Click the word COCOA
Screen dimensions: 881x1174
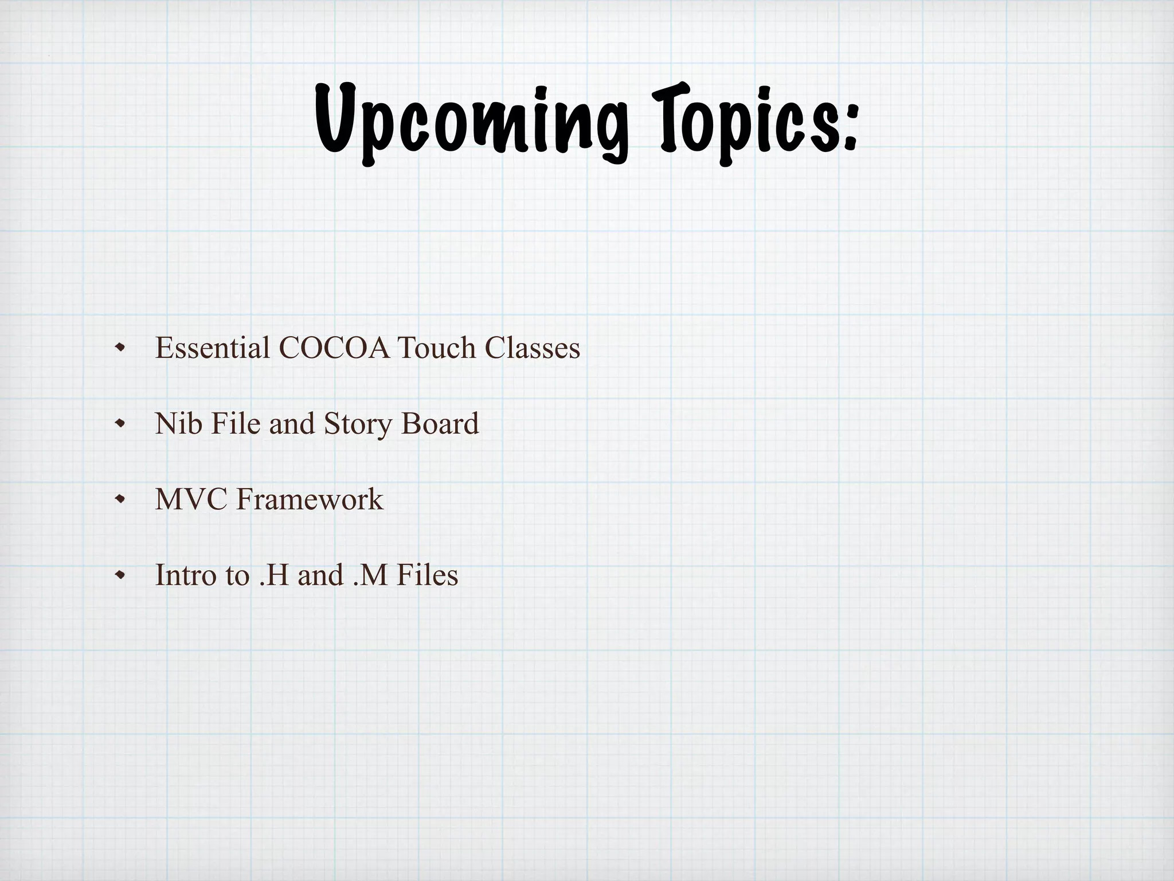point(336,348)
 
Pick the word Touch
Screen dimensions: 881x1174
point(436,348)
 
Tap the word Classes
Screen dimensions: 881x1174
point(533,348)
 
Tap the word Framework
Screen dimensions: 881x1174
point(310,500)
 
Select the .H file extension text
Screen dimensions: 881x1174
point(273,575)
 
